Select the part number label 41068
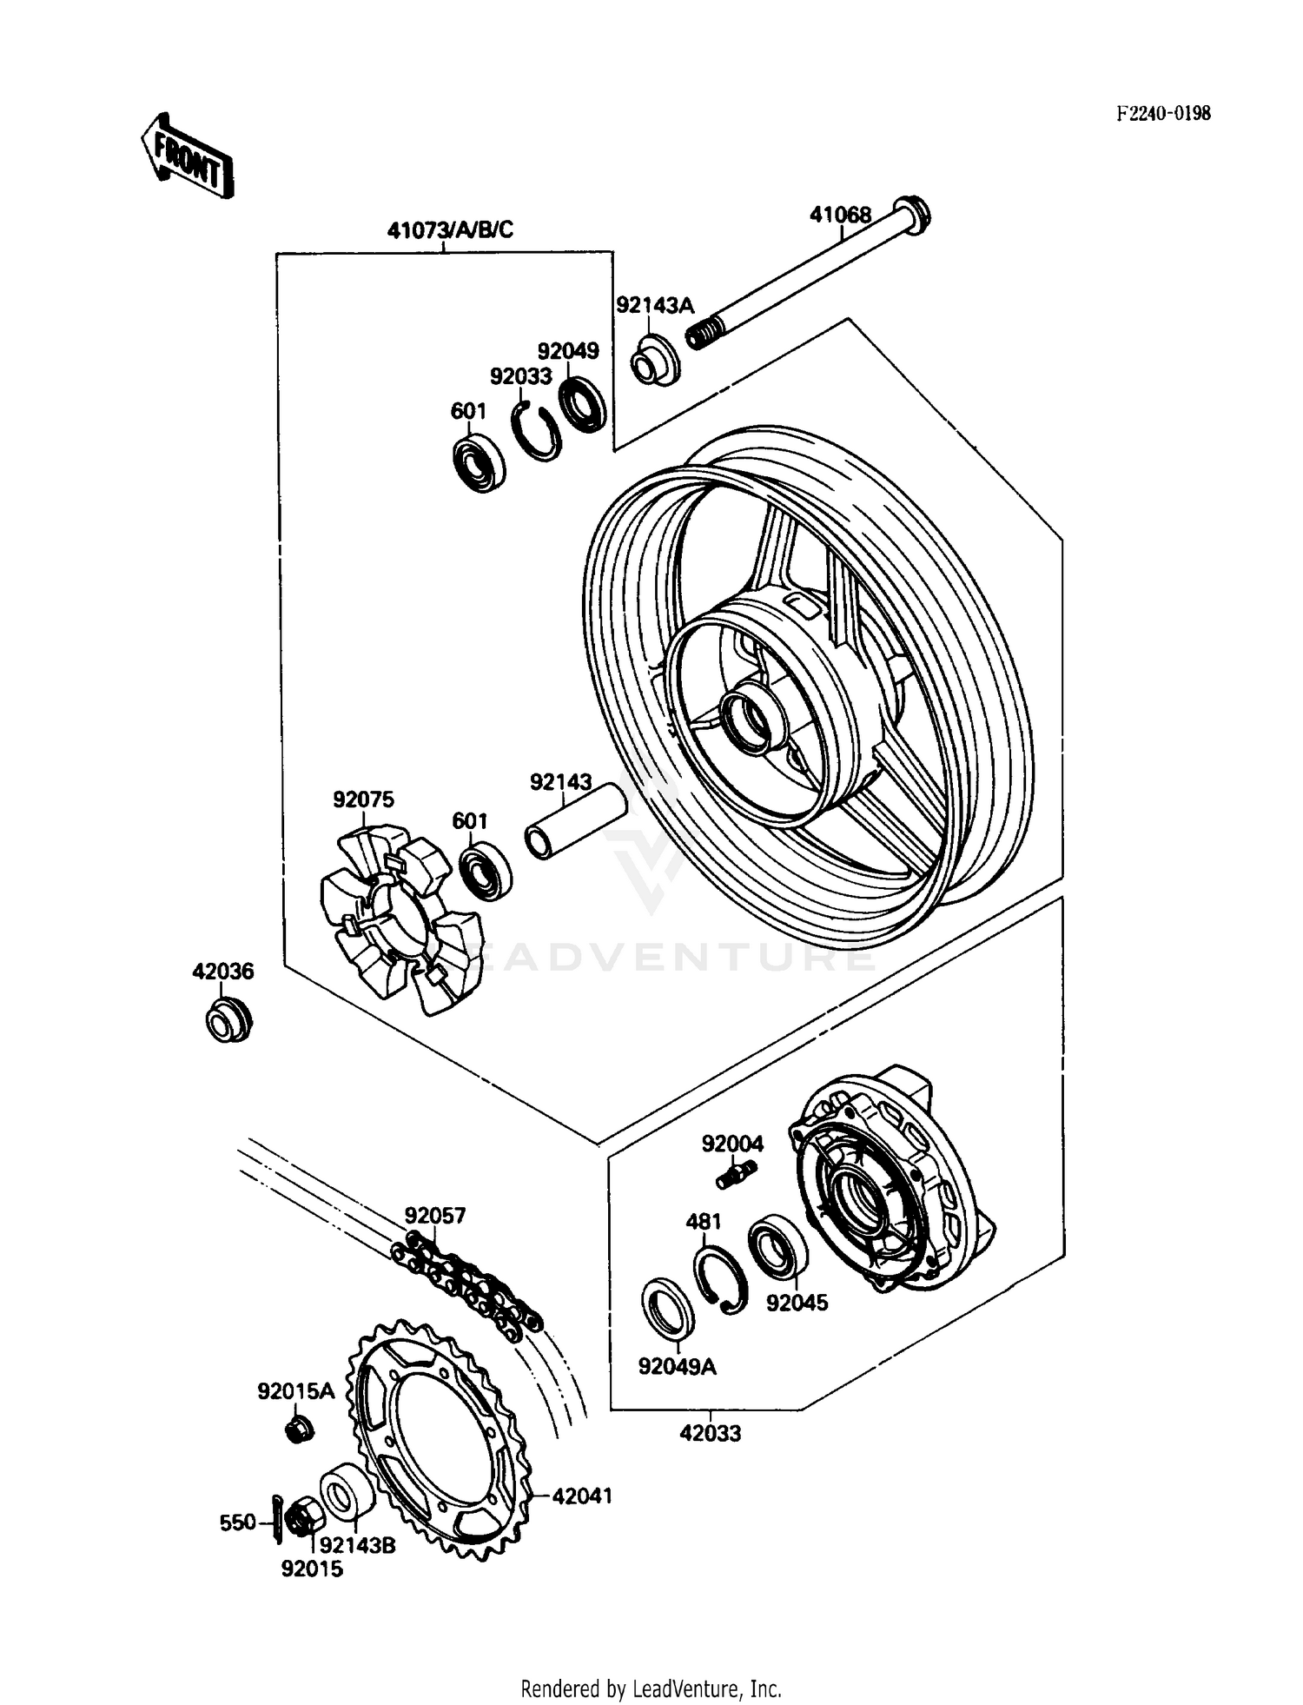click(839, 215)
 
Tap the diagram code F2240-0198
click(1163, 113)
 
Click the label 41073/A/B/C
click(450, 230)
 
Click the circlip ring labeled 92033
click(535, 431)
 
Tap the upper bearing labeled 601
click(480, 464)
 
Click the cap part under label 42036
click(228, 1020)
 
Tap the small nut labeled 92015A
click(300, 1430)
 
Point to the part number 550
click(237, 1523)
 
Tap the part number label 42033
click(710, 1434)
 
